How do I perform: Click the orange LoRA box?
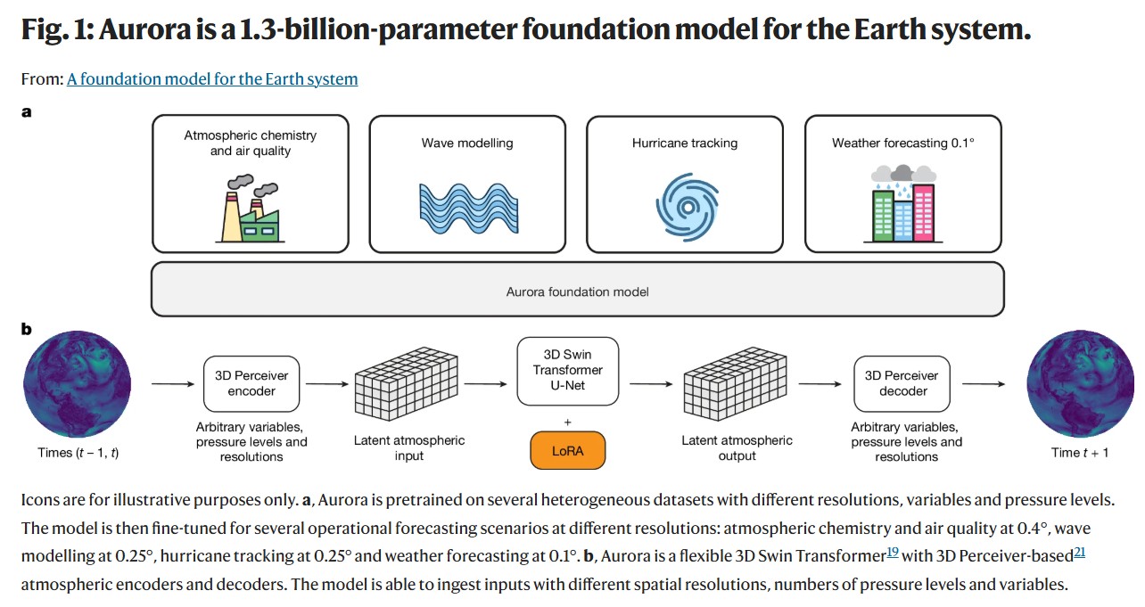567,451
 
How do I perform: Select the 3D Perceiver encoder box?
251,383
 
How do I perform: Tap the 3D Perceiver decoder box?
902,383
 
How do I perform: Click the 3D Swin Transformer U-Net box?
567,371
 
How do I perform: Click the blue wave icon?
468,209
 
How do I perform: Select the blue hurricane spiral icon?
688,207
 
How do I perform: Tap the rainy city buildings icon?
903,203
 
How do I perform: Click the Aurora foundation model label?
578,291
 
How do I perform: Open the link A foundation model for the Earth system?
212,79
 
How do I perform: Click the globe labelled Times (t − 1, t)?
78,383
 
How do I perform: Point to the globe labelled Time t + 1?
1080,383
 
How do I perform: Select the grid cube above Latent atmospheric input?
407,383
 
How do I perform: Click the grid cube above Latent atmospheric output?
736,383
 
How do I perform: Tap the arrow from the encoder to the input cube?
327,383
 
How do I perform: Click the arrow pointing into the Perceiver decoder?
820,383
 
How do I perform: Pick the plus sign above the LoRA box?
567,422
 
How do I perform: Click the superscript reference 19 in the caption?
893,552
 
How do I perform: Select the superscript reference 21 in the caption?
1080,552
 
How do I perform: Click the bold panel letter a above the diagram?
27,112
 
